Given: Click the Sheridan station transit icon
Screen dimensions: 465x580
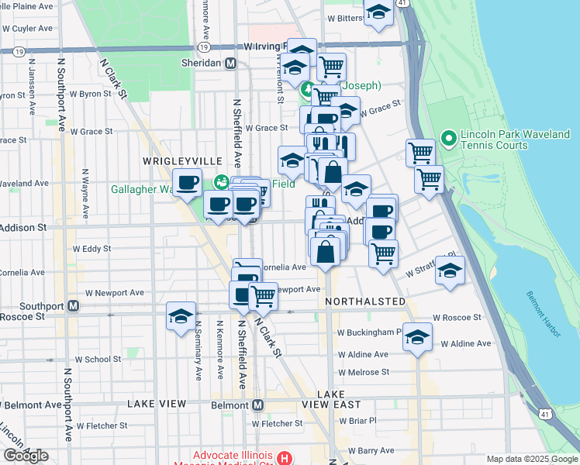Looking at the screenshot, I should click(230, 64).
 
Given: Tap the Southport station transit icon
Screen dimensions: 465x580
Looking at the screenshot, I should click(73, 305).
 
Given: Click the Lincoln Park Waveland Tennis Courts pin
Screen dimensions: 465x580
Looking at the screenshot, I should click(447, 139).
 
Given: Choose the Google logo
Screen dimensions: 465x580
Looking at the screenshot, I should click(26, 456).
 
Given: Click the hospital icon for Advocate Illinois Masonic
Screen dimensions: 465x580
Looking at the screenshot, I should click(285, 458).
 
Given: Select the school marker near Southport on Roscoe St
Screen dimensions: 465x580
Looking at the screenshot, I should click(181, 315).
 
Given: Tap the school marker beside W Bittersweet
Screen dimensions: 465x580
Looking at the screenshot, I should click(378, 12).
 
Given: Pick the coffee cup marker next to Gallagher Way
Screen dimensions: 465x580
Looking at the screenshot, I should click(186, 183).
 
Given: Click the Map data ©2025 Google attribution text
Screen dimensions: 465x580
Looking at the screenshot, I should click(531, 459).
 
